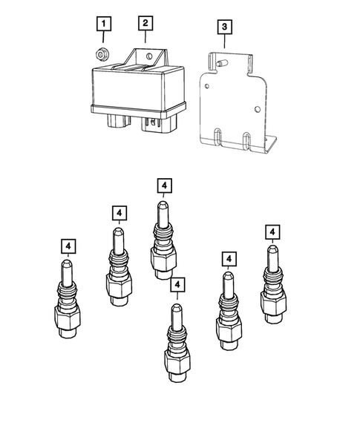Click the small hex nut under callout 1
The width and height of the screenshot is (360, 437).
102,53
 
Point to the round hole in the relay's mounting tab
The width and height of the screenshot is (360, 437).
148,56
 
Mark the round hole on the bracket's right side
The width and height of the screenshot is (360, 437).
256,111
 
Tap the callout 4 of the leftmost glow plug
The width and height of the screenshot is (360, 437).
68,246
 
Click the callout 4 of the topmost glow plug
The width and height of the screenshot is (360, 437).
165,185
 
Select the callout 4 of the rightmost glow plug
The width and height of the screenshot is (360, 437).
273,232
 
